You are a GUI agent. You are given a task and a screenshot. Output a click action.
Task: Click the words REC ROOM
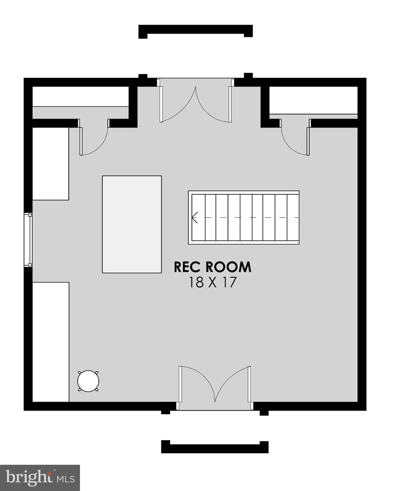[212, 267]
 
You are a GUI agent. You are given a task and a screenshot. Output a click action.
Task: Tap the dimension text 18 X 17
[212, 282]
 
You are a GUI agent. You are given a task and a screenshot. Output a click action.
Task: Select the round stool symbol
[88, 381]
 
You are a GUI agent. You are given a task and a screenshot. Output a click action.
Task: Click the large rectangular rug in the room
[132, 224]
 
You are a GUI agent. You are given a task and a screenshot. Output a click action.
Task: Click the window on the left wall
[28, 240]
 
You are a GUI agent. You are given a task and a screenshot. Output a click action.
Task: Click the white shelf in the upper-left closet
[81, 96]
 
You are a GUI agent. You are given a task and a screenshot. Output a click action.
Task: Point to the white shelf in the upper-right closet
[313, 100]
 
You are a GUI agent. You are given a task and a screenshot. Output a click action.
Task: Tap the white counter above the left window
[51, 164]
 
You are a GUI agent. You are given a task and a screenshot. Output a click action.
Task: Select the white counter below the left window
[51, 342]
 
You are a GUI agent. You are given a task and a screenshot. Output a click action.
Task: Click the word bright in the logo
[29, 478]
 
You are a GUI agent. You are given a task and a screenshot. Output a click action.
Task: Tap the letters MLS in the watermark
[65, 479]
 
